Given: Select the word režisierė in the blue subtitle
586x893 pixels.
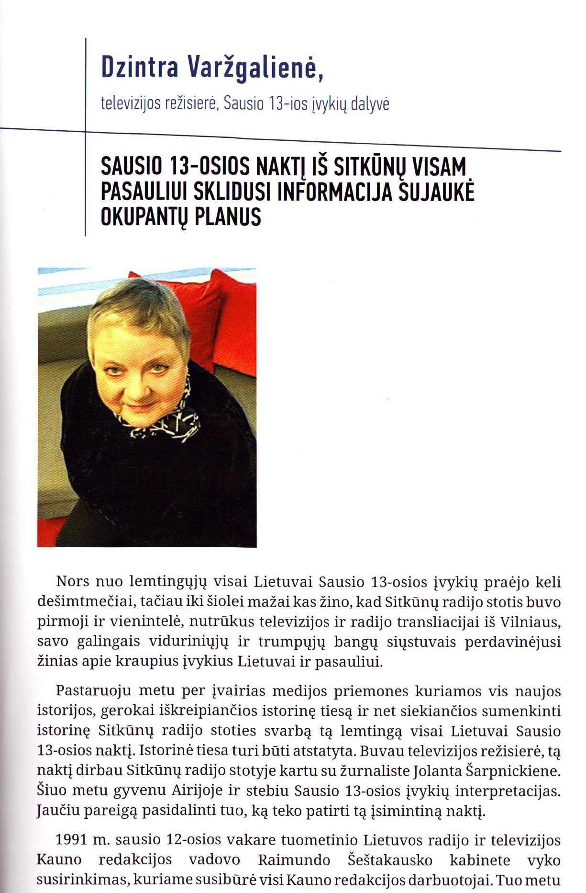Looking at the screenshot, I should tap(190, 103).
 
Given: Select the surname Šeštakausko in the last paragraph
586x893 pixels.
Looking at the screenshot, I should tap(390, 860).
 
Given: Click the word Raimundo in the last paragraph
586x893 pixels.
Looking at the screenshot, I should tap(294, 860).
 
